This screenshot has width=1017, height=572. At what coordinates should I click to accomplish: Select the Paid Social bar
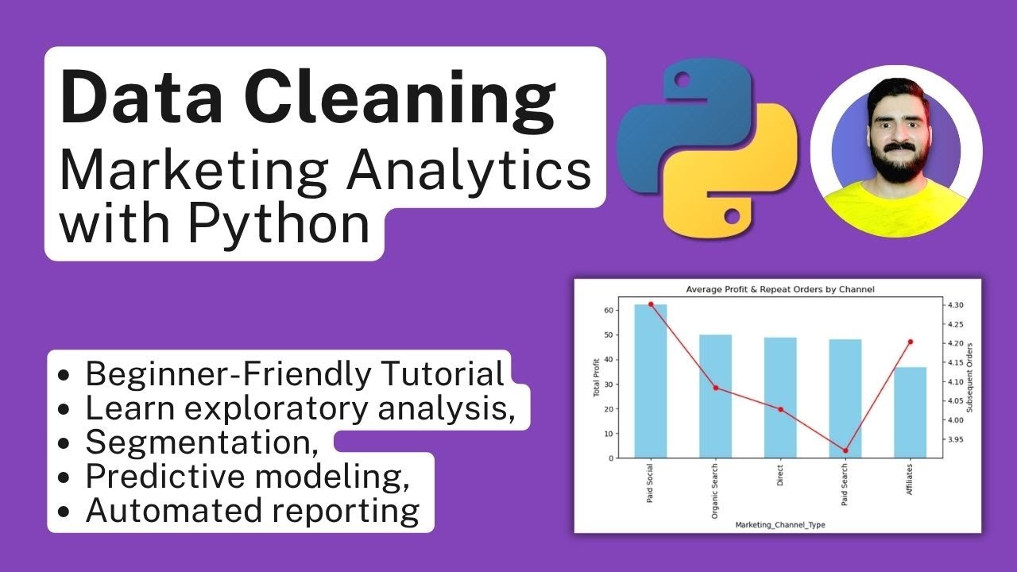pos(651,381)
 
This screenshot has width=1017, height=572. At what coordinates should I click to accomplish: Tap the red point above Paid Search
pos(845,450)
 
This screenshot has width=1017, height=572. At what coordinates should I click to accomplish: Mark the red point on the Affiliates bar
pos(910,342)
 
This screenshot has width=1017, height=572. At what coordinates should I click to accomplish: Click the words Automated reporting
pos(252,511)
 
